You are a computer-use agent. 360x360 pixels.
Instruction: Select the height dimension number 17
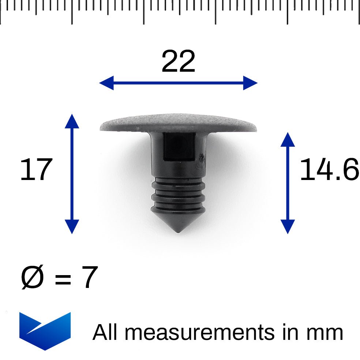coord(36,170)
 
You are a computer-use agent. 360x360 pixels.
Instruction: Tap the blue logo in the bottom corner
coord(45,330)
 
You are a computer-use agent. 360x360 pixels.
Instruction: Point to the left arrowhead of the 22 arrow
coord(105,83)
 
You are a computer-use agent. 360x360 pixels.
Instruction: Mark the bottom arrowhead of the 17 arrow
coord(72,227)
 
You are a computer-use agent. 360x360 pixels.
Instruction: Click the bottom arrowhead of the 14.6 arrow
coord(288,227)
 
